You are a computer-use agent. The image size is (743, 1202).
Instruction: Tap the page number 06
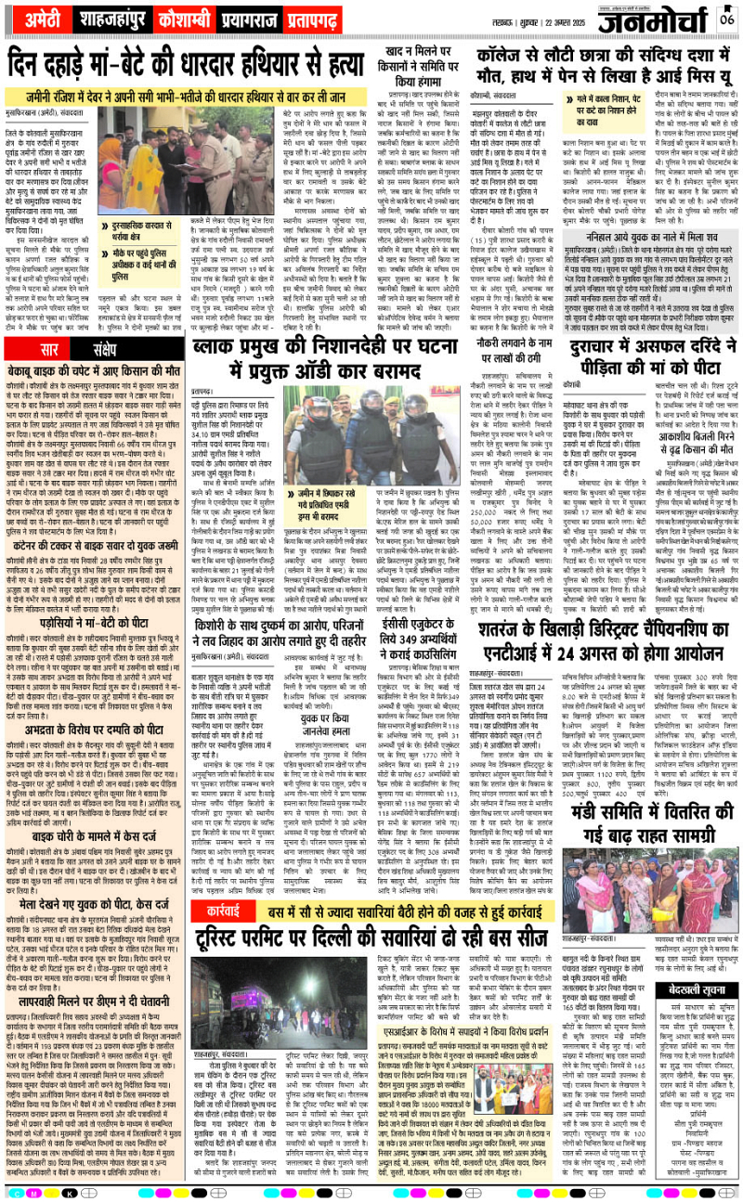tap(727, 18)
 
